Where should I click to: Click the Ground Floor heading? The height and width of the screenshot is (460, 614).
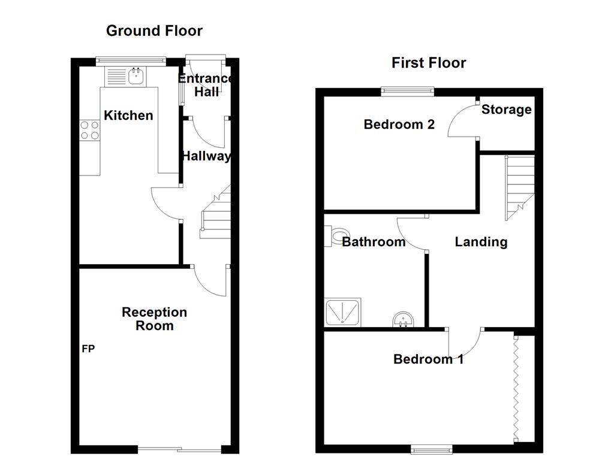(154, 31)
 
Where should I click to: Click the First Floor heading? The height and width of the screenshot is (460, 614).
(428, 63)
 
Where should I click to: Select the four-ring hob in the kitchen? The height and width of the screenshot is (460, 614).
(89, 130)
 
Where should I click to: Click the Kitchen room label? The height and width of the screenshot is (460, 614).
(128, 115)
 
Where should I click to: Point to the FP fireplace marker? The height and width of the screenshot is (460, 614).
(88, 349)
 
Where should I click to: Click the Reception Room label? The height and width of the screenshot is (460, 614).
(154, 319)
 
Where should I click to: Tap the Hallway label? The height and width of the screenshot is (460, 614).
(206, 156)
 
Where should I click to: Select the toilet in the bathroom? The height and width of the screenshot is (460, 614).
(337, 235)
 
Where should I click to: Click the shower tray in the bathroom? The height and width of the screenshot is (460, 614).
(343, 313)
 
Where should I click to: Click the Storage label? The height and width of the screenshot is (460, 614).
(506, 110)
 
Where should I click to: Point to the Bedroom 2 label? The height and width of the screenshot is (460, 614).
(399, 125)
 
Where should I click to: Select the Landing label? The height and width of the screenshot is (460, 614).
(481, 242)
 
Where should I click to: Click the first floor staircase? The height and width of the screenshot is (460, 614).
(519, 186)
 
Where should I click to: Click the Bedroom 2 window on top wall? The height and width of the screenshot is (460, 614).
(408, 91)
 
